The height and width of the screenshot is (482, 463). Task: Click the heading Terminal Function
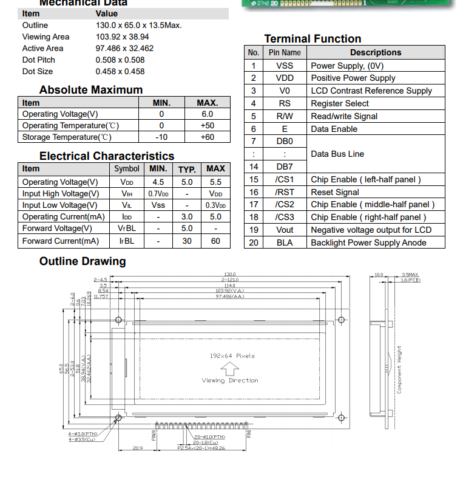pyautogui.click(x=313, y=38)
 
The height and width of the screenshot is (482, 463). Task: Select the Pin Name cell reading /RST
pyautogui.click(x=284, y=192)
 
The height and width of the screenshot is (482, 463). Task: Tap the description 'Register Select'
pyautogui.click(x=339, y=103)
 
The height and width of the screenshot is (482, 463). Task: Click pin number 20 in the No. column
pyautogui.click(x=254, y=243)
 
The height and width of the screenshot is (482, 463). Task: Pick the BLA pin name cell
pyautogui.click(x=284, y=243)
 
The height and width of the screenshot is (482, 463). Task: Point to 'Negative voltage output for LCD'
pyautogui.click(x=371, y=230)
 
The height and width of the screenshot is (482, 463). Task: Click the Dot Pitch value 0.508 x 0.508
pyautogui.click(x=120, y=60)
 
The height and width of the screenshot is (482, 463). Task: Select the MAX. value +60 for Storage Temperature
pyautogui.click(x=207, y=137)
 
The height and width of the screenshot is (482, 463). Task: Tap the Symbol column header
pyautogui.click(x=126, y=169)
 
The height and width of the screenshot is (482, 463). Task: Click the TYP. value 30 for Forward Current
pyautogui.click(x=187, y=241)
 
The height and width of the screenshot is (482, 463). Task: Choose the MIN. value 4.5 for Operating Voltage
pyautogui.click(x=158, y=182)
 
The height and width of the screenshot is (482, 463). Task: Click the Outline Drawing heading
pyautogui.click(x=83, y=261)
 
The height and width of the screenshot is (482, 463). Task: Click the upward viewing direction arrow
pyautogui.click(x=229, y=368)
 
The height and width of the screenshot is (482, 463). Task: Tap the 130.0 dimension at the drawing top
pyautogui.click(x=230, y=275)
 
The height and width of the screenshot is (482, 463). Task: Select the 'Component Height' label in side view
pyautogui.click(x=399, y=369)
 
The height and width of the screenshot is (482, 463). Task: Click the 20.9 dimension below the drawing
pyautogui.click(x=138, y=448)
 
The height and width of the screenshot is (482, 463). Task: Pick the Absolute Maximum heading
pyautogui.click(x=91, y=90)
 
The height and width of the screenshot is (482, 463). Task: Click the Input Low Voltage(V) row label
pyautogui.click(x=60, y=205)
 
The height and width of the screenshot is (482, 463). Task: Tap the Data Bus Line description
pyautogui.click(x=337, y=154)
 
